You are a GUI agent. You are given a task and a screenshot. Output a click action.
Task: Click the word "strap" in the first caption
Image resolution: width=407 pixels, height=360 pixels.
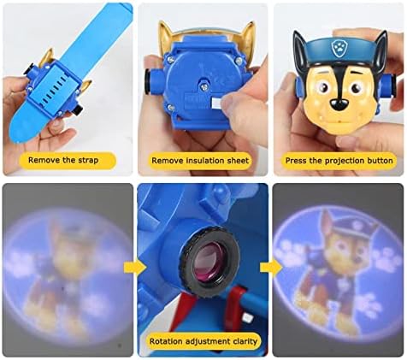(87, 160)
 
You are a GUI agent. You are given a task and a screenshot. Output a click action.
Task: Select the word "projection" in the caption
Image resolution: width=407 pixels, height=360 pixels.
(342, 161)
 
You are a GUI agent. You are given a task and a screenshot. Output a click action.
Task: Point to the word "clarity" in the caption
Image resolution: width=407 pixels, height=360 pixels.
(245, 341)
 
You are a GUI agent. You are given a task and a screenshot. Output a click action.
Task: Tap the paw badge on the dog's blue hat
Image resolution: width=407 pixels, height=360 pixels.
(338, 49)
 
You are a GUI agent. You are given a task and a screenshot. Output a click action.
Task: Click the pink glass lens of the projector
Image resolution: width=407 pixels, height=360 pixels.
(208, 261)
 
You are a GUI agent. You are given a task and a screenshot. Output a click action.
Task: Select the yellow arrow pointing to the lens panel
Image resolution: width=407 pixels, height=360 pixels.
(135, 268)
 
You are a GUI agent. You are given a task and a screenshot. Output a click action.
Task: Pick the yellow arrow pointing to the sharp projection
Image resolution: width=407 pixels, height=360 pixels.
(271, 268)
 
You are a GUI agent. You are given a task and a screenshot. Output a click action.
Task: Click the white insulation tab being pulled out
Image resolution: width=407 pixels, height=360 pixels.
(217, 103)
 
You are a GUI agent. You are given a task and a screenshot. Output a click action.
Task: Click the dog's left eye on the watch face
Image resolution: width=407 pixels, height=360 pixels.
(322, 86)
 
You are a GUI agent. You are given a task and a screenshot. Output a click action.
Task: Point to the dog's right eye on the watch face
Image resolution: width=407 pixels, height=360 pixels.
(357, 86)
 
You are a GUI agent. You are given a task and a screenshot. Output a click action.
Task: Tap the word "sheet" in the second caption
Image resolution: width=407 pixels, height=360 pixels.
(238, 161)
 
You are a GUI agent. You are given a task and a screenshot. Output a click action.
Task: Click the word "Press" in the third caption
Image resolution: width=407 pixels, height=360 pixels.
(296, 161)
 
